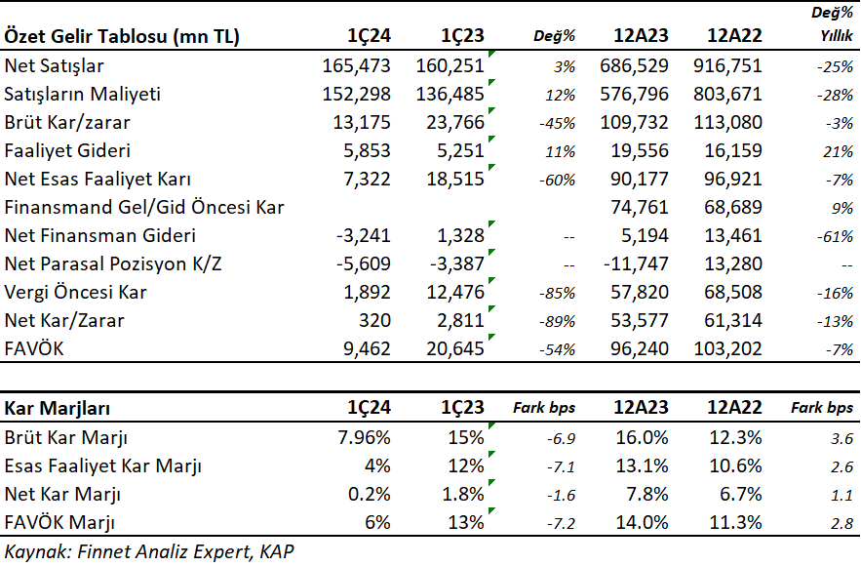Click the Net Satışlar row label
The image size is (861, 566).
tap(54, 66)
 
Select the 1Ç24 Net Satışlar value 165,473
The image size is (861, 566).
tap(356, 66)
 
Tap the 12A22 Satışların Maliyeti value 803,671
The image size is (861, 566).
tap(727, 94)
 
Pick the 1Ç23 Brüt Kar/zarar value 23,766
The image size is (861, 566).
tap(455, 123)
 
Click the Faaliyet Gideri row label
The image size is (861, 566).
tap(67, 151)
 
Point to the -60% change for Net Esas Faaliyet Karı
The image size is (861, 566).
tap(558, 181)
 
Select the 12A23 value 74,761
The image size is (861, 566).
tap(640, 207)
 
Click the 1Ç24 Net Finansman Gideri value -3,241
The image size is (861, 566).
tap(364, 236)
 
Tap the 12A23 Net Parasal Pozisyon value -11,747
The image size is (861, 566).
tap(636, 263)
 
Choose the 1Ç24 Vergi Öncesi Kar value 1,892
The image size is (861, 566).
tap(368, 293)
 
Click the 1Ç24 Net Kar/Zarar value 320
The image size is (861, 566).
tap(375, 320)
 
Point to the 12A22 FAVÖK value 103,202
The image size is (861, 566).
tap(727, 349)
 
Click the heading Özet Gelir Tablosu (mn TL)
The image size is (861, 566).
tap(122, 36)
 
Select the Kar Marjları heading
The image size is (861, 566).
tap(58, 408)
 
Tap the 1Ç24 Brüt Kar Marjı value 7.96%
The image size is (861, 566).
tap(364, 438)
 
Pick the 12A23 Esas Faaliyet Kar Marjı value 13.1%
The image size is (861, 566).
tap(642, 466)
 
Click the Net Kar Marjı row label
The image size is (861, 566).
tap(62, 495)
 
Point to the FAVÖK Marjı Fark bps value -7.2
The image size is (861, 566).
tap(561, 524)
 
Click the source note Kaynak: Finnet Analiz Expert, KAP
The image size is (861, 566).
tap(149, 551)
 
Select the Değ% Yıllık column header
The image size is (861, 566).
tap(833, 24)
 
